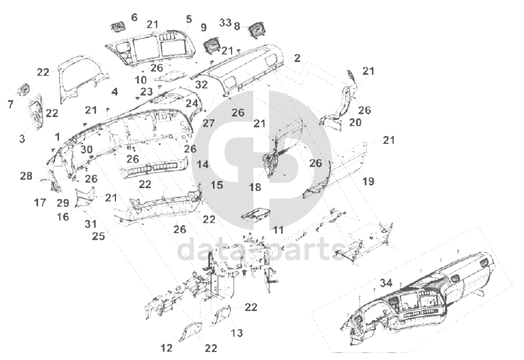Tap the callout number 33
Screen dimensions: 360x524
pos(225,23)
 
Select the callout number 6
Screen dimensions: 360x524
pos(134,18)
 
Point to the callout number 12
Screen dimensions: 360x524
pos(167,347)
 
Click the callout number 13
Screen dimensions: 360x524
pos(237,332)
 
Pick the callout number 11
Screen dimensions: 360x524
pos(278,230)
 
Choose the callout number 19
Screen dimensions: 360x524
pos(369,181)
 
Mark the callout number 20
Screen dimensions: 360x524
pos(356,122)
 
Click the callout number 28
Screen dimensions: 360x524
pos(26,176)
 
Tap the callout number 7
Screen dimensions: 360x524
pos(10,105)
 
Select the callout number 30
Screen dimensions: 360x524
pos(86,150)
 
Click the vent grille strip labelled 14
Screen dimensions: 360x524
pos(152,169)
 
